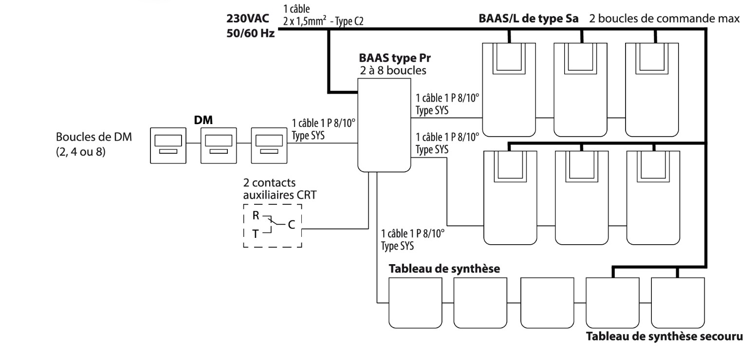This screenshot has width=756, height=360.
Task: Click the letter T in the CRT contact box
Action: click(x=255, y=234)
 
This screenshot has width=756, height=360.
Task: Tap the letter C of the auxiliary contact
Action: click(x=291, y=225)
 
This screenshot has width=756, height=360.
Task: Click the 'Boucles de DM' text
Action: click(x=93, y=137)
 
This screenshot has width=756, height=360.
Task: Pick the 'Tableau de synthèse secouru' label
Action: click(x=664, y=336)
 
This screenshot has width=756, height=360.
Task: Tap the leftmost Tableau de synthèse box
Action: click(x=415, y=302)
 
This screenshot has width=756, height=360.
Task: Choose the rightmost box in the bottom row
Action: click(x=677, y=302)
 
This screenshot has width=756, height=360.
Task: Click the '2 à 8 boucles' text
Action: click(x=392, y=71)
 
